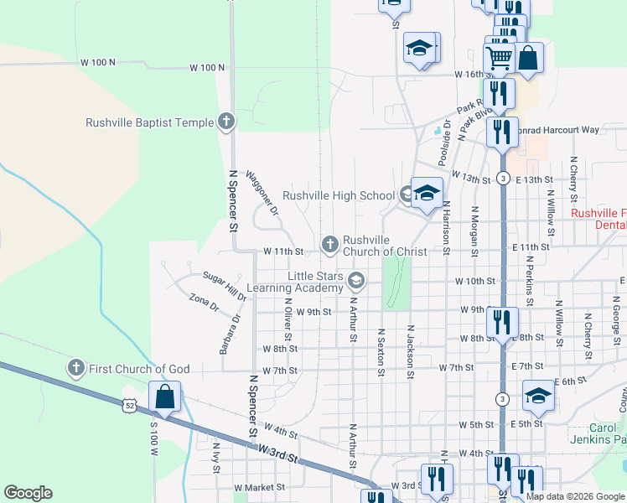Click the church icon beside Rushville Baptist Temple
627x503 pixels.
click(225, 122)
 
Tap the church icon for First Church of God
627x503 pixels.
click(75, 368)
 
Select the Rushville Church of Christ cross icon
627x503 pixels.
click(329, 245)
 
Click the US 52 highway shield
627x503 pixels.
click(131, 405)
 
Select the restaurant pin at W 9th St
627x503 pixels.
click(502, 321)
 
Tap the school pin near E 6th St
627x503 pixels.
click(537, 395)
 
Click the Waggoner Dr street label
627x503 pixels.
click(262, 194)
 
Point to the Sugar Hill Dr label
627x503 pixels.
click(225, 285)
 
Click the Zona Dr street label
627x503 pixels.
click(204, 302)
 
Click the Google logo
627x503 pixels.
click(28, 493)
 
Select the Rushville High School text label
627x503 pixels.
click(338, 195)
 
